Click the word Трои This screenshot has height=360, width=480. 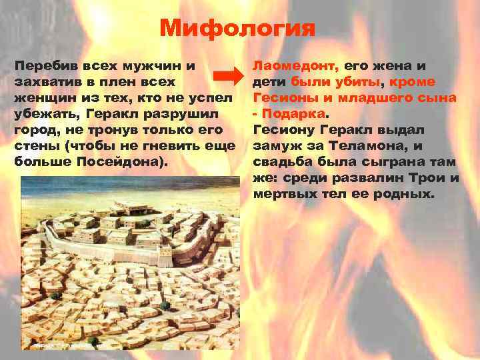[x=438, y=178]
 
